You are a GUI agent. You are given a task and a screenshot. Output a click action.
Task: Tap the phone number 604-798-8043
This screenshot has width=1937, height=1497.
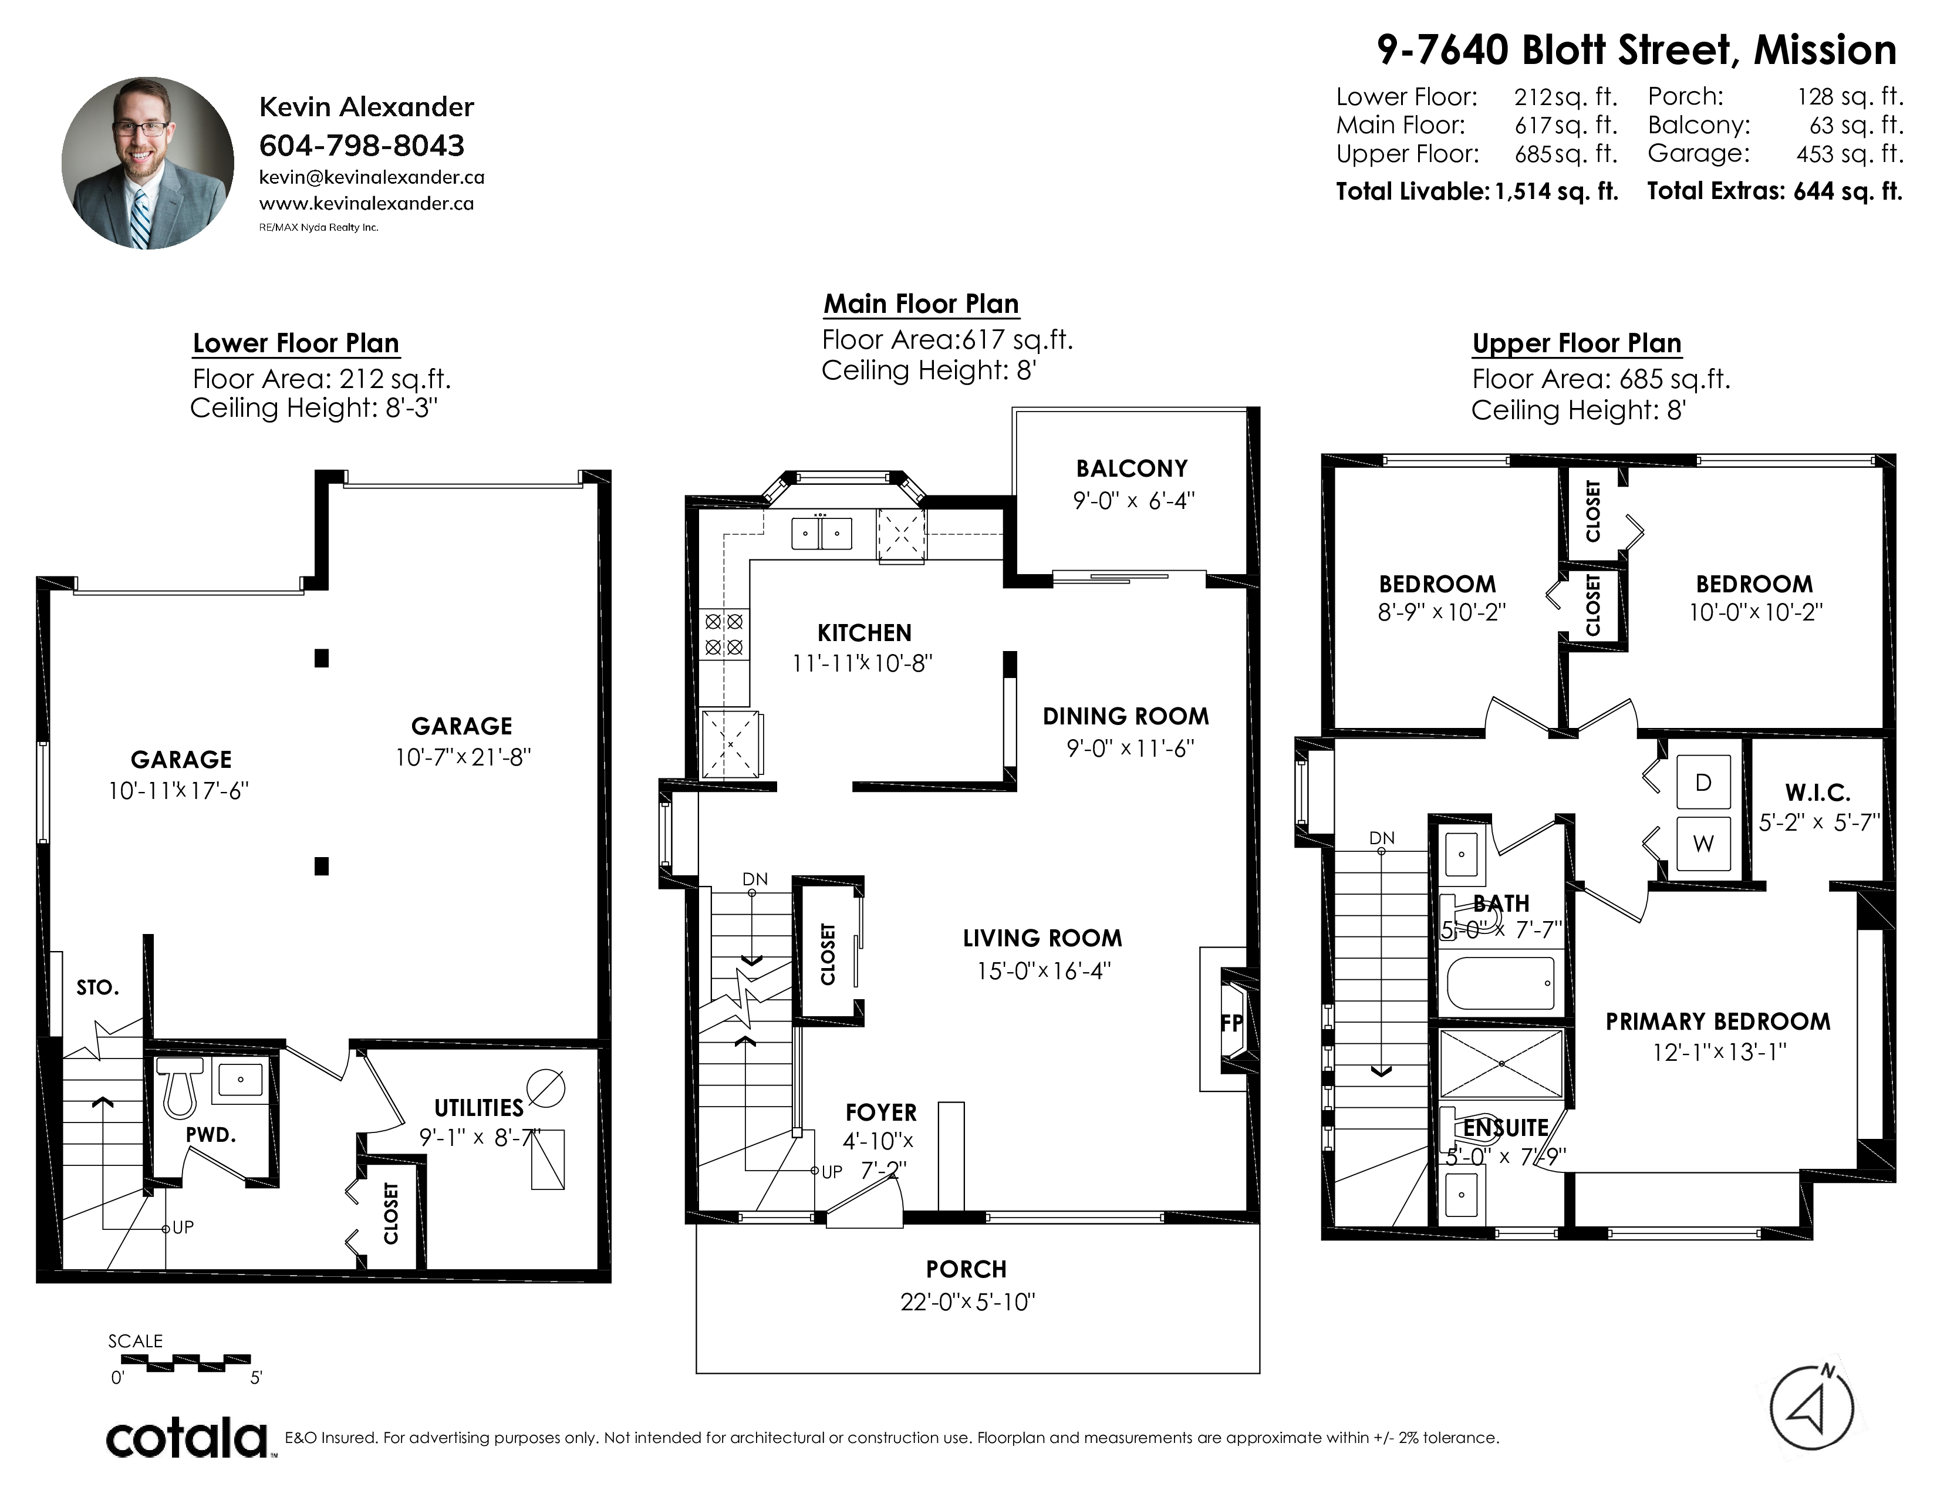click(362, 146)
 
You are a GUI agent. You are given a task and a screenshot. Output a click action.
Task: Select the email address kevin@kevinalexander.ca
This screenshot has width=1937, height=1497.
click(372, 177)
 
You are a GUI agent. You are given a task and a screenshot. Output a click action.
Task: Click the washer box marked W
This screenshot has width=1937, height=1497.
click(1703, 844)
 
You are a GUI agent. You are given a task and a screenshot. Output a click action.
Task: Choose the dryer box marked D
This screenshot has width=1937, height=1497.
click(1703, 782)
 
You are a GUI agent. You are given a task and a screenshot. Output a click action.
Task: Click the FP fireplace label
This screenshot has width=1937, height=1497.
click(1231, 1023)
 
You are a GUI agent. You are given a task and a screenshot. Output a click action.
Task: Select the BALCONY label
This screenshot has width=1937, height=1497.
click(1132, 468)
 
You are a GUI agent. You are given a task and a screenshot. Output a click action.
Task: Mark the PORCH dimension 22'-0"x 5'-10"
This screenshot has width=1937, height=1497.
click(967, 1302)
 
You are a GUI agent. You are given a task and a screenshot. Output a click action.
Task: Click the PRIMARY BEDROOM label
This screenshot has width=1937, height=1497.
click(1718, 1021)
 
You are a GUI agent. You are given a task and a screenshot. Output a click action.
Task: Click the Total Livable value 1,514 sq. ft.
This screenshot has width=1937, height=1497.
click(1557, 191)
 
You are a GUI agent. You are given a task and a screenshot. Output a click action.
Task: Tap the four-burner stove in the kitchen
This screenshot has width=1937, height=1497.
click(724, 634)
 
